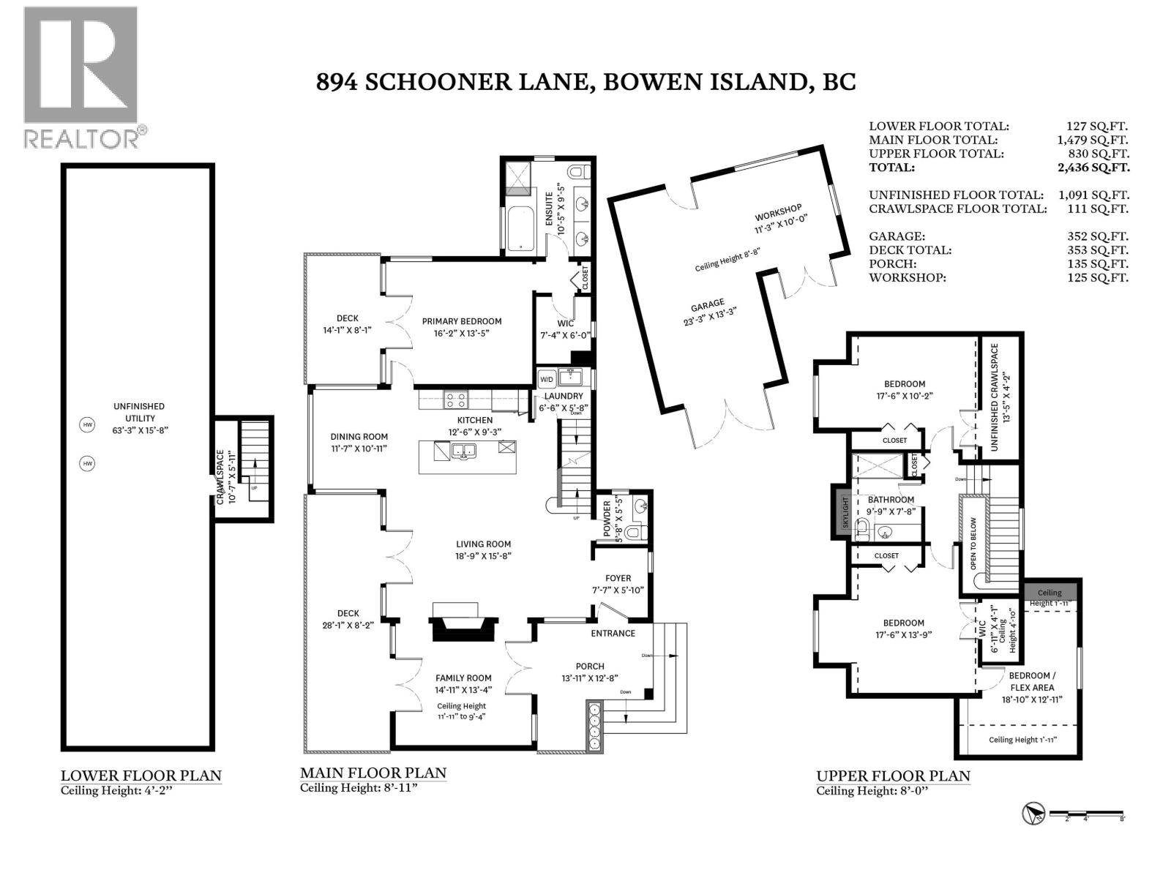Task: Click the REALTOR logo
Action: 81,77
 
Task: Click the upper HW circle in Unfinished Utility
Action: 88,424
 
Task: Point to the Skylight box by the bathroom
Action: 844,512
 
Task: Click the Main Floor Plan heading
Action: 373,773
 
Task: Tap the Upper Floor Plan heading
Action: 893,776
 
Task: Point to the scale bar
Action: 1086,813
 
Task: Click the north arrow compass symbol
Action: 1033,814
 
